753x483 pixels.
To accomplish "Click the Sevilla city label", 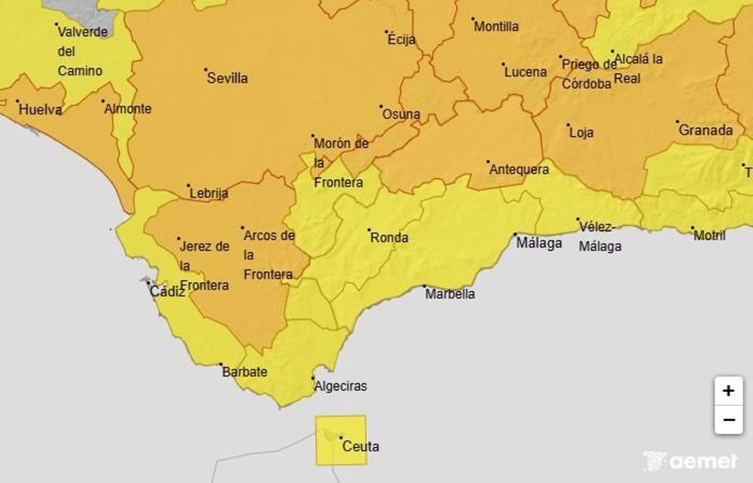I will tap(227, 78).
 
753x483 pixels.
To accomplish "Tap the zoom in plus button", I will tap(729, 391).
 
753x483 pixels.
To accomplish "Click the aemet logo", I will tap(690, 461).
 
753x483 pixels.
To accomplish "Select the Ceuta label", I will tap(360, 446).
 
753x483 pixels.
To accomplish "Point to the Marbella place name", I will tap(450, 294).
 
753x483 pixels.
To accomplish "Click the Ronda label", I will tap(389, 237).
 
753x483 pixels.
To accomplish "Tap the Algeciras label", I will tap(341, 386).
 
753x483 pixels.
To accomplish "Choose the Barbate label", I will tap(245, 372).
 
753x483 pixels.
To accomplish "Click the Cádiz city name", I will tap(167, 292).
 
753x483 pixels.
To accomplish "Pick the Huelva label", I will tap(40, 110).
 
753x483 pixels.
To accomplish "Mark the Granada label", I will tap(705, 131).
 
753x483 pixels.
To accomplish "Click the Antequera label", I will tap(519, 170).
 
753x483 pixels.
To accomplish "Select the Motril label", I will tap(710, 235).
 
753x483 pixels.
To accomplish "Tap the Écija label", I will tap(401, 40).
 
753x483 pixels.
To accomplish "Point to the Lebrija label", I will tap(209, 193).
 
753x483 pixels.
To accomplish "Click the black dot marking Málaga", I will tap(515, 234).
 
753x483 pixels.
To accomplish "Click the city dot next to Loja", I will tap(568, 125).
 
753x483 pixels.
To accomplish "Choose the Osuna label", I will tap(401, 114).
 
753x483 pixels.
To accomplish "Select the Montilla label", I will tap(496, 26).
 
